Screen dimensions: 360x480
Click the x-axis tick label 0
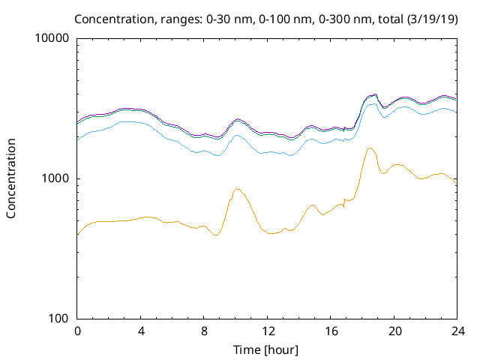pos(77,331)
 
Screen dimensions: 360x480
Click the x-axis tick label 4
pos(141,331)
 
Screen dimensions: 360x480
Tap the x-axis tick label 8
pos(204,331)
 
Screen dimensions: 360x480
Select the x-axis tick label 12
pos(268,331)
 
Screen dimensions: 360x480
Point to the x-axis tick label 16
pos(331,331)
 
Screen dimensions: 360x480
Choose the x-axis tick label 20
pos(394,331)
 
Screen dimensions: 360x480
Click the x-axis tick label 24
pos(457,331)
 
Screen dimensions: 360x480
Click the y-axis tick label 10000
pos(53,39)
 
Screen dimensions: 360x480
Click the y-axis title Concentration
pos(11,178)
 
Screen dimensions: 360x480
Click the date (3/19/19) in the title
pos(433,18)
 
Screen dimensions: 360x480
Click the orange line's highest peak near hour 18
pos(370,148)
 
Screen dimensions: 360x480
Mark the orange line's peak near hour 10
pos(237,189)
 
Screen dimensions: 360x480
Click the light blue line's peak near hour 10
pos(237,136)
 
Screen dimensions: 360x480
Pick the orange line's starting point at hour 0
pos(78,235)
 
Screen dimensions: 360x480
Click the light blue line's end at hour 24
pos(457,112)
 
